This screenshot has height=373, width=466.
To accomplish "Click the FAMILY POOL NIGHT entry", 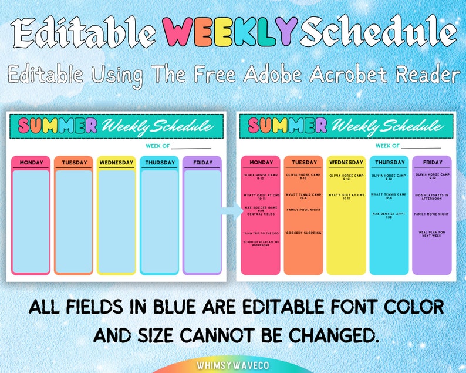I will (x=303, y=210).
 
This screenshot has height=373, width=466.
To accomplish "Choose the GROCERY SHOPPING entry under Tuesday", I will (x=303, y=233).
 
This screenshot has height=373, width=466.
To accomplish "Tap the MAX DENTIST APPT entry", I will (x=389, y=215).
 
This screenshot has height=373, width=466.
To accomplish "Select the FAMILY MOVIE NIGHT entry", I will (x=432, y=214).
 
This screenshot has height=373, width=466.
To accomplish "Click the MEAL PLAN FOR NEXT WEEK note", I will (x=432, y=234).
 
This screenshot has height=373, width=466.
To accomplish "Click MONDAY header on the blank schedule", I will (x=31, y=163).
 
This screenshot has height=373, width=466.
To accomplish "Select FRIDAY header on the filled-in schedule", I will (x=432, y=162).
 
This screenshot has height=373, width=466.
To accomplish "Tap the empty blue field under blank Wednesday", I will (x=116, y=220).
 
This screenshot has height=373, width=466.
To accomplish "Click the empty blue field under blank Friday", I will (x=202, y=220).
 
